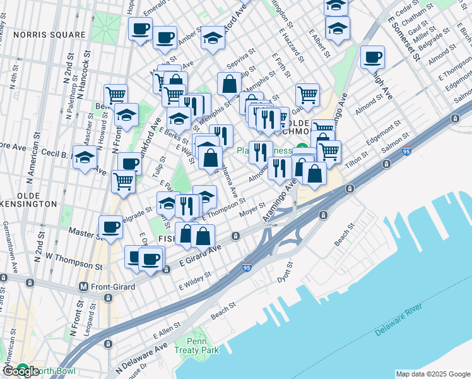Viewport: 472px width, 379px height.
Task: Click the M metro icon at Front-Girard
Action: click(x=83, y=286)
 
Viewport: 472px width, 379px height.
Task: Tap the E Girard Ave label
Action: click(x=199, y=255)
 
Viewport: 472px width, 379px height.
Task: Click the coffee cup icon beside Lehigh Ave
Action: click(x=372, y=57)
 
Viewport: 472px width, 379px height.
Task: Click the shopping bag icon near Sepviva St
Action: click(x=229, y=83)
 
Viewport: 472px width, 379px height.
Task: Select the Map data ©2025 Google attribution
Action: click(x=433, y=374)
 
